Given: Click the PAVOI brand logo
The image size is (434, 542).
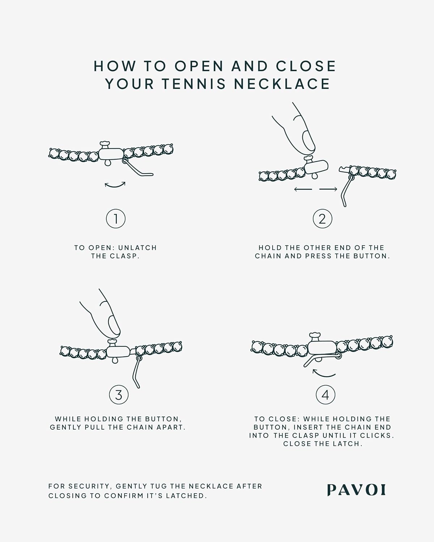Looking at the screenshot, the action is [x=356, y=490].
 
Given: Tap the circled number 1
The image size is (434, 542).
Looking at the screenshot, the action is [x=116, y=219].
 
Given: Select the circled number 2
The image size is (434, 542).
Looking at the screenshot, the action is [x=323, y=219].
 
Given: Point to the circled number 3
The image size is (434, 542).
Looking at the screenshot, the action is [x=119, y=395].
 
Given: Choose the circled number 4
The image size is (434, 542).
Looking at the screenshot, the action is [x=325, y=395].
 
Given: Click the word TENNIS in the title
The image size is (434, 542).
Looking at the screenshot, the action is [x=194, y=84].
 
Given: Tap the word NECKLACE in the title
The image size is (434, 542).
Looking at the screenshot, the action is [x=282, y=84].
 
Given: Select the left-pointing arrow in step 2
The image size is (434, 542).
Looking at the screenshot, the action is [x=303, y=189].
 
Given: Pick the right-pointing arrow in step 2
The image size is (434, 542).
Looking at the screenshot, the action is [x=328, y=189].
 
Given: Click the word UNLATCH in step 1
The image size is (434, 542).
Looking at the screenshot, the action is [x=137, y=248].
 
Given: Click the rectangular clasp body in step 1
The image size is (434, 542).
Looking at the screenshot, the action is [x=111, y=154].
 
